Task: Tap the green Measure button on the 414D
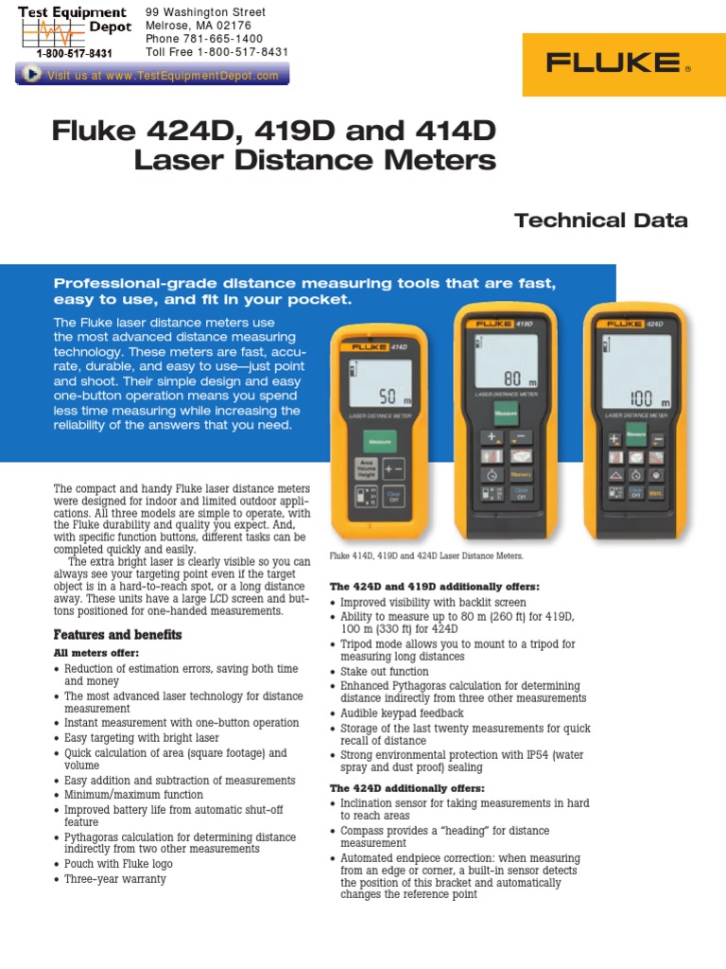pyautogui.click(x=380, y=441)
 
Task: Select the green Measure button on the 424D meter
pyautogui.click(x=635, y=435)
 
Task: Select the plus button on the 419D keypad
pyautogui.click(x=492, y=437)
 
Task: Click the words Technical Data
pyautogui.click(x=600, y=221)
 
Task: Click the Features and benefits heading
pyautogui.click(x=117, y=634)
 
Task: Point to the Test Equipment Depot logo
pyautogui.click(x=74, y=32)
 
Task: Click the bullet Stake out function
pyautogui.click(x=385, y=671)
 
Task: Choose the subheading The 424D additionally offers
pyautogui.click(x=406, y=788)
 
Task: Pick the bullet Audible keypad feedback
pyautogui.click(x=402, y=714)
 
